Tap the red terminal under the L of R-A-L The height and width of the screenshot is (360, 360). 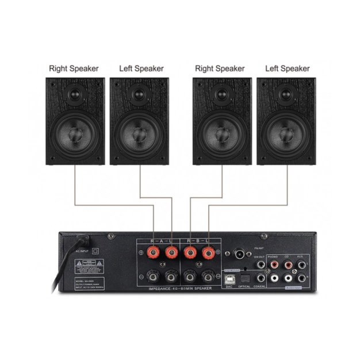pyautogui.click(x=171, y=252)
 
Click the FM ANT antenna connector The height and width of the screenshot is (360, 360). pyautogui.click(x=237, y=253)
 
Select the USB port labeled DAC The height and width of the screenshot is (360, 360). pyautogui.click(x=229, y=278)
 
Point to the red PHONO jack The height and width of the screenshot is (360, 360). pyautogui.click(x=274, y=265)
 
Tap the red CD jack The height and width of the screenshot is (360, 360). pyautogui.click(x=288, y=265)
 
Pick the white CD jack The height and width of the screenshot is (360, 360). pyautogui.click(x=288, y=277)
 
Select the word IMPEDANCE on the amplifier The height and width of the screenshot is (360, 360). pyautogui.click(x=161, y=288)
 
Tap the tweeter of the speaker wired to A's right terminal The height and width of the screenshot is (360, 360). pyautogui.click(x=75, y=93)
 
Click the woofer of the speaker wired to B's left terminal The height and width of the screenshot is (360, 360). pyautogui.click(x=286, y=133)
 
